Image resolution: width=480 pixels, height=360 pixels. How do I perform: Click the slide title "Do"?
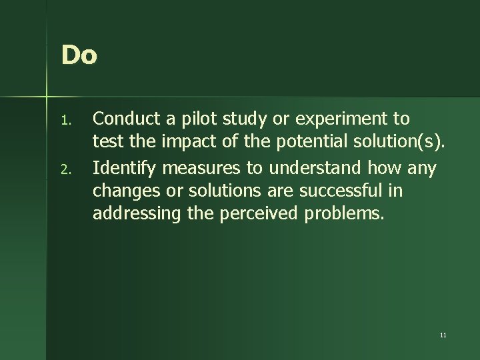[79, 55]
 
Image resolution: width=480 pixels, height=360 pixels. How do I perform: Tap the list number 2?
[65, 172]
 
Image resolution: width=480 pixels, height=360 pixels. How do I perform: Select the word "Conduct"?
[126, 119]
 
